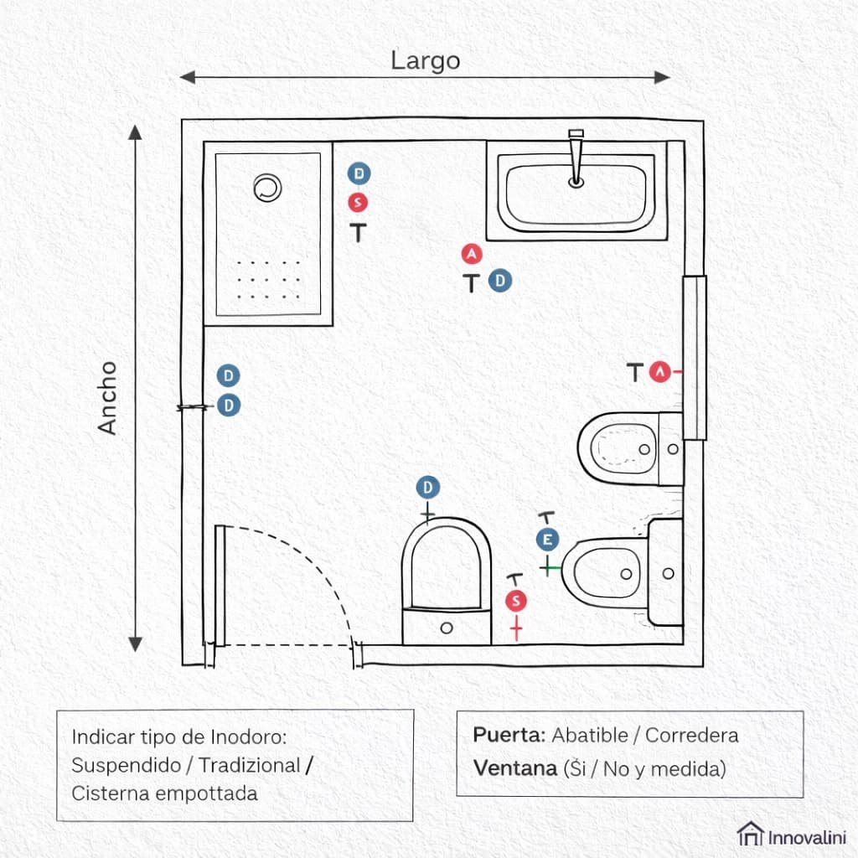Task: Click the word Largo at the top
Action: tap(425, 60)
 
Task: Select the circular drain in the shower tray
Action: tap(267, 188)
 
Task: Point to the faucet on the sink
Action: tap(576, 155)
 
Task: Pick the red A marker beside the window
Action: tap(661, 370)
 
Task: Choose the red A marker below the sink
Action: tap(472, 253)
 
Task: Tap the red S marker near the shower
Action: tap(359, 202)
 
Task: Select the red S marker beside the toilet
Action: tap(516, 601)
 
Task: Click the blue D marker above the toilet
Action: tap(428, 488)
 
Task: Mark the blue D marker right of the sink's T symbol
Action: tap(500, 281)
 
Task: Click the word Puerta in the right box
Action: tap(509, 736)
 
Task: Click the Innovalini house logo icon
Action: tap(749, 834)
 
